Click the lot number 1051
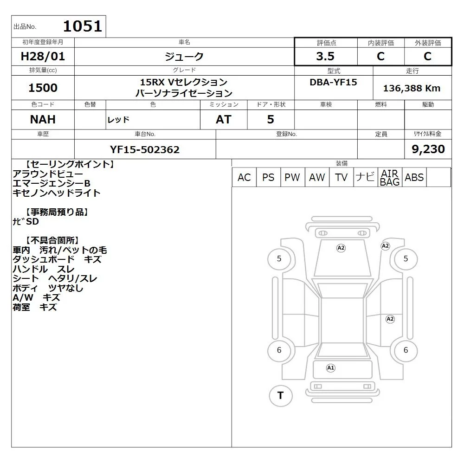pyautogui.click(x=83, y=26)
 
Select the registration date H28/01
pyautogui.click(x=43, y=56)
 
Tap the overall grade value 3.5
pyautogui.click(x=325, y=56)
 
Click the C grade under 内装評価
pyautogui.click(x=380, y=56)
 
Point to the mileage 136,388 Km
pyautogui.click(x=412, y=88)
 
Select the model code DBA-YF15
pyautogui.click(x=333, y=82)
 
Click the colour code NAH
pyautogui.click(x=43, y=119)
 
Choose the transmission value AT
pyautogui.click(x=224, y=119)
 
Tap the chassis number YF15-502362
pyautogui.click(x=145, y=149)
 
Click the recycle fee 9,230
pyautogui.click(x=428, y=149)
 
